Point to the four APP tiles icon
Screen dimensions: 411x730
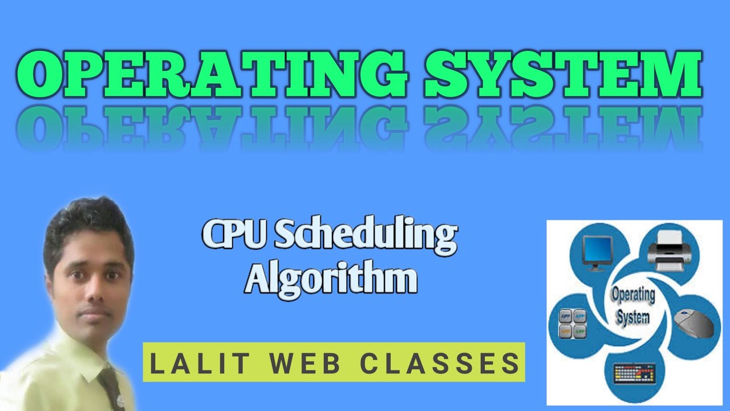point(571,323)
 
